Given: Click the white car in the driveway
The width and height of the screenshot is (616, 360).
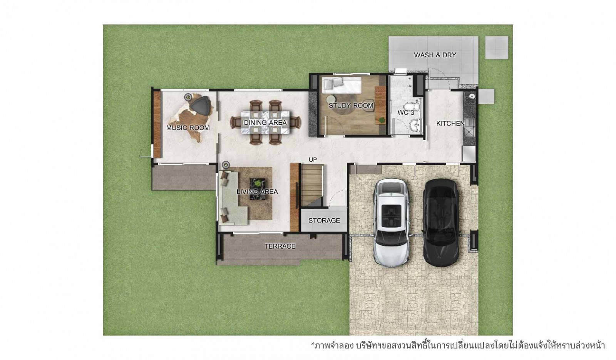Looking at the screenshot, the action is tap(391, 223).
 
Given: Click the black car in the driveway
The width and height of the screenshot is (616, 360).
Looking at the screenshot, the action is tap(441, 223).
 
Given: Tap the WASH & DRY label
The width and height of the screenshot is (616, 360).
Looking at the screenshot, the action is tap(435, 55).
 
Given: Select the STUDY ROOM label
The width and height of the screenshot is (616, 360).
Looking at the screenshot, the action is tap(351, 105).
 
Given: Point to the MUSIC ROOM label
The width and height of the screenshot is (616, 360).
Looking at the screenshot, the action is tap(188, 127).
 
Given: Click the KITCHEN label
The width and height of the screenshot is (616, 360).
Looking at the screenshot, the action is tap(450, 124).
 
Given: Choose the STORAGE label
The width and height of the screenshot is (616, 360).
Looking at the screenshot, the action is tap(324, 220).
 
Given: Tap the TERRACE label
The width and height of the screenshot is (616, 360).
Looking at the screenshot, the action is tap(280, 246).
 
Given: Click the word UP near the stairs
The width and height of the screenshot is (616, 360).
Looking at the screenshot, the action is tap(313, 159).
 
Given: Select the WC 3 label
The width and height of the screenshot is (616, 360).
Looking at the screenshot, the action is tap(406, 112).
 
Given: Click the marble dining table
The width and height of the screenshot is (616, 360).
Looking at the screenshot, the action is tap(265, 122).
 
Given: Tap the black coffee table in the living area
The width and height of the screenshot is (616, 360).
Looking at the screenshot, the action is tap(258, 189).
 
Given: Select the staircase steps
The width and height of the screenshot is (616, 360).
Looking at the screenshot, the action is tap(311, 185).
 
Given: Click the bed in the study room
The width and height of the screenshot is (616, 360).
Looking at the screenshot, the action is tap(341, 85).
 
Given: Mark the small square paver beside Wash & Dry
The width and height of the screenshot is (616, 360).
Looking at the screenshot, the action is tap(497, 47).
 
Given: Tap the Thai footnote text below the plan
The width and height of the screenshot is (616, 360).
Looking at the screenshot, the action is tap(458, 345).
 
